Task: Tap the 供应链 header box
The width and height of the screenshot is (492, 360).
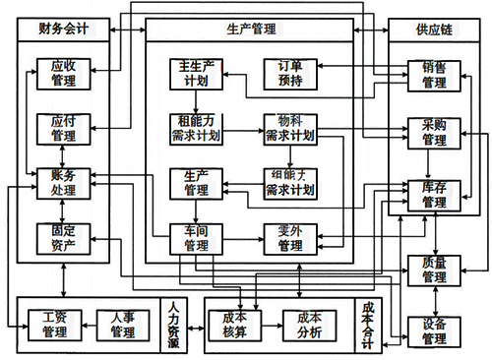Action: [x=431, y=30]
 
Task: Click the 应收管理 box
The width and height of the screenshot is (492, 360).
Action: [x=62, y=74]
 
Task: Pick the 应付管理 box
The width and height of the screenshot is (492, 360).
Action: [x=62, y=128]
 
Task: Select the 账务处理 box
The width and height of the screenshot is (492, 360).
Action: [x=62, y=182]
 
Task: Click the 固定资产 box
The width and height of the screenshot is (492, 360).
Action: [x=62, y=237]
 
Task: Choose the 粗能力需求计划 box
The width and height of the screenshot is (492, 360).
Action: [x=194, y=129]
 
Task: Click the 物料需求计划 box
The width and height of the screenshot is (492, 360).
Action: [x=288, y=129]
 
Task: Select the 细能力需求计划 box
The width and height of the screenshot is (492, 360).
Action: [x=288, y=183]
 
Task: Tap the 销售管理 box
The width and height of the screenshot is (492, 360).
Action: [x=434, y=75]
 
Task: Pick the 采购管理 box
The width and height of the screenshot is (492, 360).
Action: [x=434, y=134]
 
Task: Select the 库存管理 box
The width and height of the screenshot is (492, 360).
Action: [x=434, y=194]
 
